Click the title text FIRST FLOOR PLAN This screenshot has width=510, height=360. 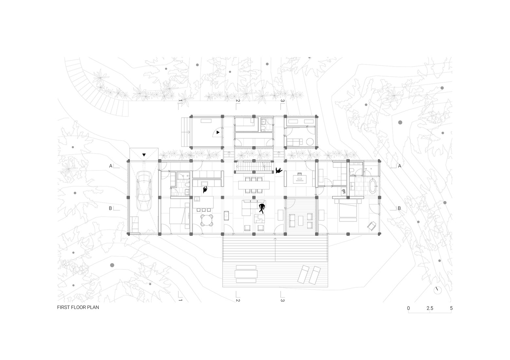click(78, 307)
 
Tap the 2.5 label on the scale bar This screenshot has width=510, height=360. click(430, 308)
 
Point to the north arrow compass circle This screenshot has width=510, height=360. click(438, 290)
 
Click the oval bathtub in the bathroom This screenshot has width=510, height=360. click(373, 186)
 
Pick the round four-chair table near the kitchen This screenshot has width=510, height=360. click(206, 220)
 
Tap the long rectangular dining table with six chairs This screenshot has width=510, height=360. click(254, 185)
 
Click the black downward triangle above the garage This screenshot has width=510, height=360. click(144, 155)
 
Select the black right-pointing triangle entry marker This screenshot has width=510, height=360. click(218, 132)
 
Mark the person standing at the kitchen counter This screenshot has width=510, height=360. click(205, 189)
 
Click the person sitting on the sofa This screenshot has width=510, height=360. click(262, 208)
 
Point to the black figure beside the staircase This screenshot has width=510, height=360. click(279, 171)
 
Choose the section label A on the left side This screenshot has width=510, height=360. click(111, 166)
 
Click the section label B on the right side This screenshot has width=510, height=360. click(399, 208)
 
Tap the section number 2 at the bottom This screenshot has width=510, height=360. click(238, 300)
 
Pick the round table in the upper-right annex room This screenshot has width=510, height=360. click(310, 142)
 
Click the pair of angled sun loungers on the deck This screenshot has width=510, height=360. click(309, 274)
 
